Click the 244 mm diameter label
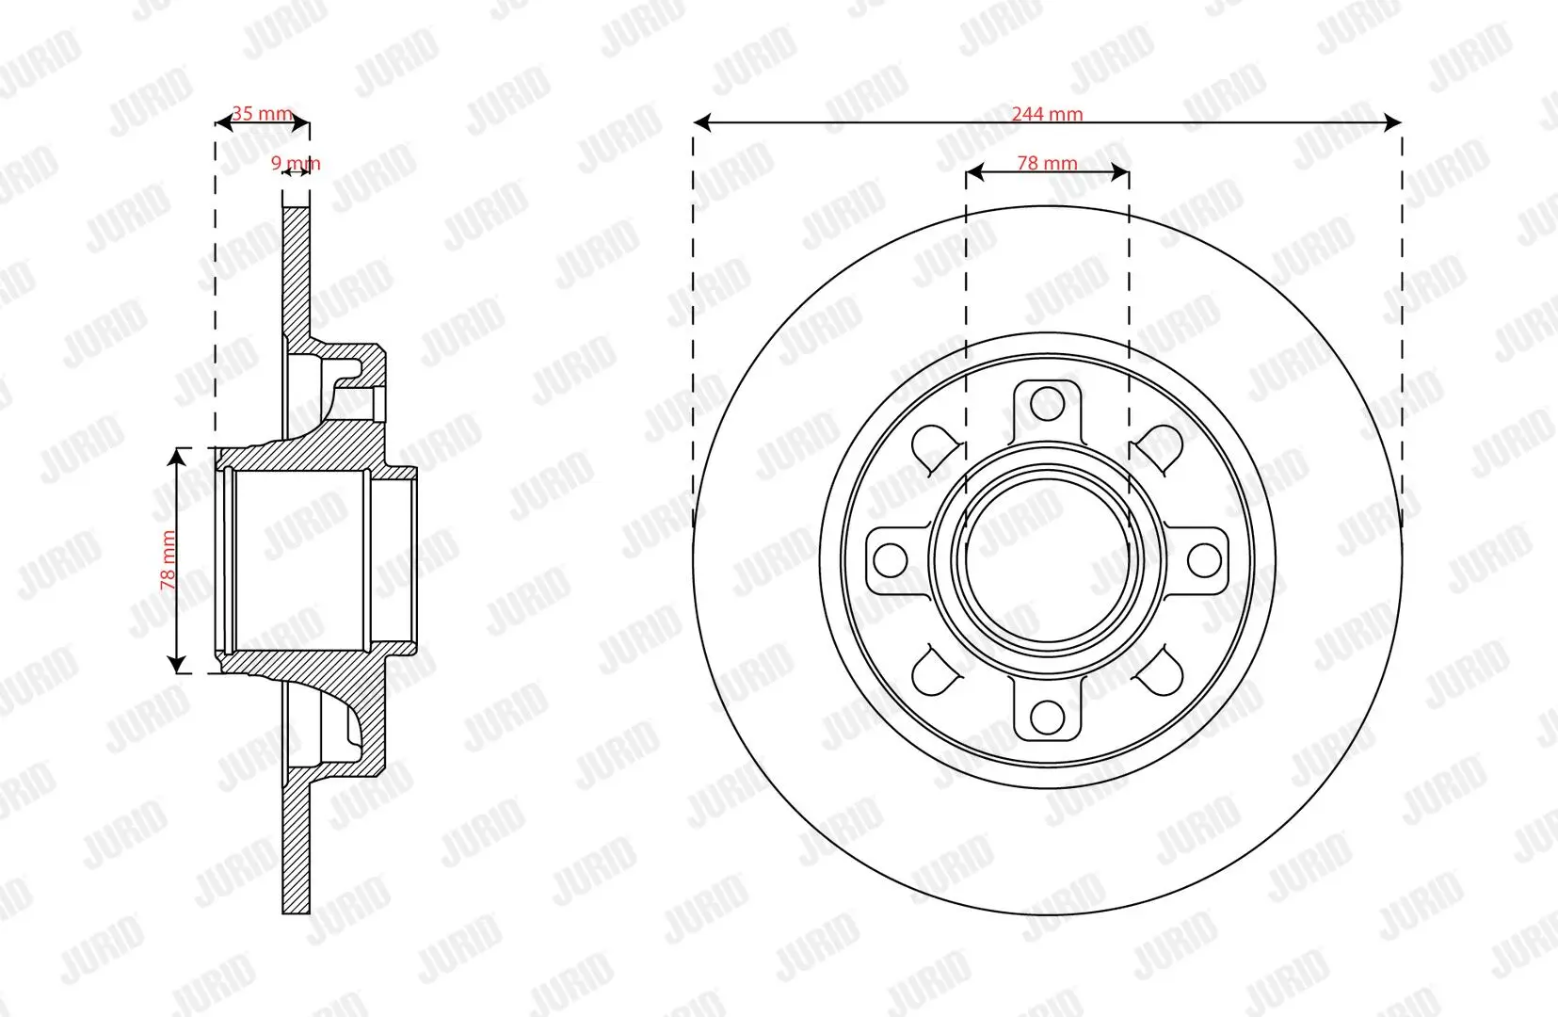[x=1047, y=114]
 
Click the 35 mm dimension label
[x=262, y=114]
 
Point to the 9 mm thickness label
[x=296, y=163]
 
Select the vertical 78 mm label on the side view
[x=169, y=560]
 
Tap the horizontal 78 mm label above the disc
[x=1047, y=163]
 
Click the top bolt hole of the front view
[x=1047, y=404]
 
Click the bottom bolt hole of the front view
[x=1047, y=717]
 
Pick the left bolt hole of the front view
[x=891, y=560]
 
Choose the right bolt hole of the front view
[x=1204, y=560]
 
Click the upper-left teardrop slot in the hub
[x=935, y=445]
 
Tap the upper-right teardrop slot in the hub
[x=1160, y=445]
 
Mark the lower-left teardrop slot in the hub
[x=935, y=672]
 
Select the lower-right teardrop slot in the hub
[x=1160, y=672]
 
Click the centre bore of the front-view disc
[x=1047, y=560]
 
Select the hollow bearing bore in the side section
[x=299, y=560]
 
